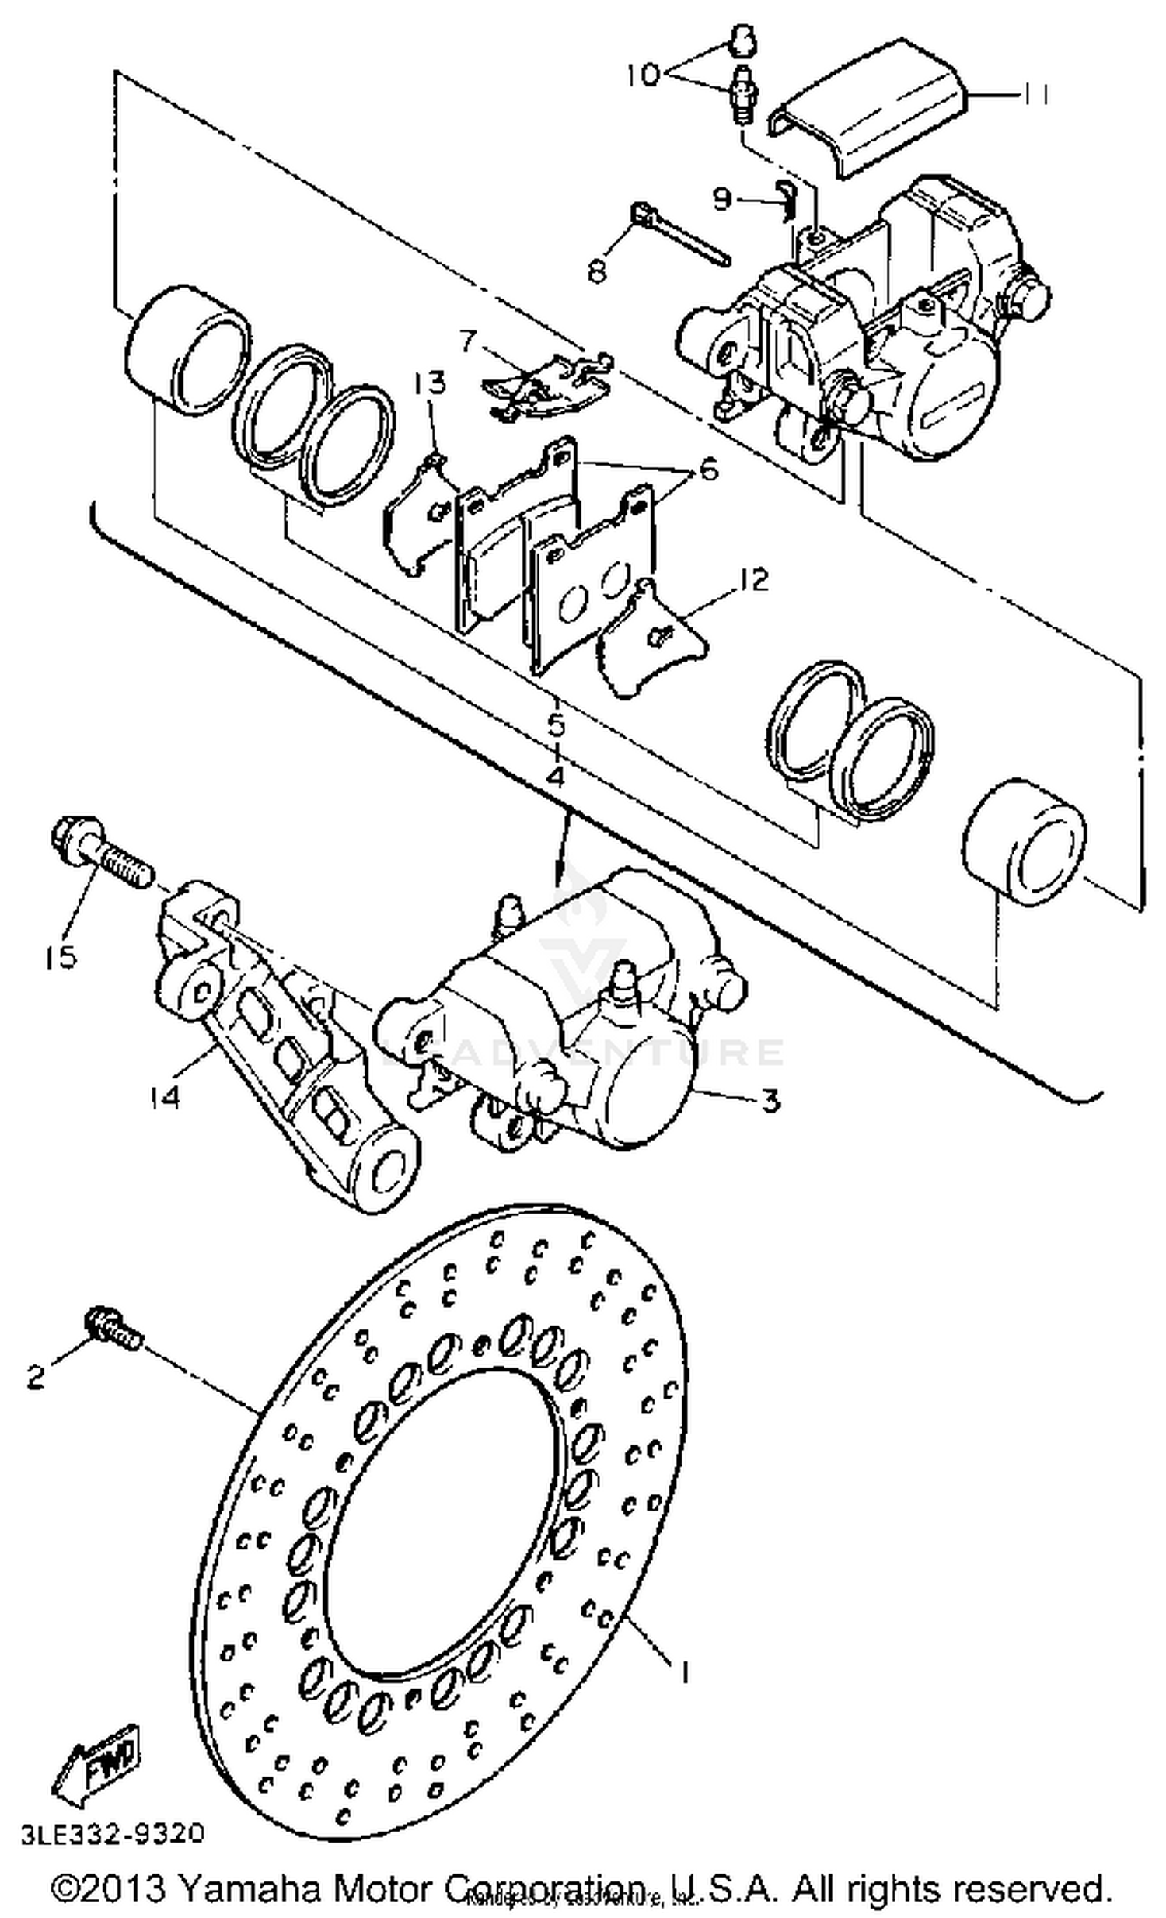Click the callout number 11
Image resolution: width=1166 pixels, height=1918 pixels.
[1034, 94]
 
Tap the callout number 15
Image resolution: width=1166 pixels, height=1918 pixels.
[61, 956]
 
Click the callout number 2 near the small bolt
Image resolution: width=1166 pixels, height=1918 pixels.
[36, 1378]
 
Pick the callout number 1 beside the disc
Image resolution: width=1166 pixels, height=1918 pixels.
[684, 1672]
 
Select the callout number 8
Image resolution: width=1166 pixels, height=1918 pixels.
[597, 271]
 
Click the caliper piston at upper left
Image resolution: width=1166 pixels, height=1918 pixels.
[187, 349]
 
